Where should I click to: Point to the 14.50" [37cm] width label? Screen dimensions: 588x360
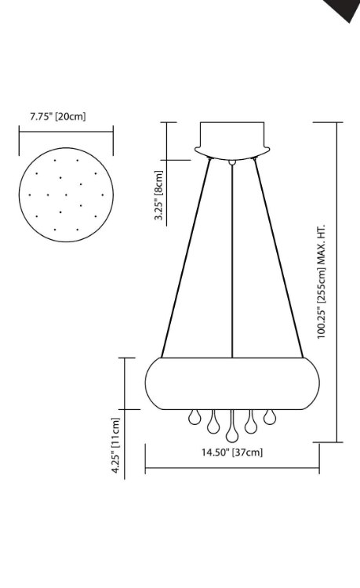231,452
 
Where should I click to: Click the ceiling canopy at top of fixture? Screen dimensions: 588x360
232,139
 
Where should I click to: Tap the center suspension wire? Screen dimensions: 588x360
233,259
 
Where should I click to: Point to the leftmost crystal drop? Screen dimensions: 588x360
195,417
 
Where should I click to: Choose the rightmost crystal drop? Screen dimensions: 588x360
270,417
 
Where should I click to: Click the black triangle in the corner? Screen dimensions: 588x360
344,9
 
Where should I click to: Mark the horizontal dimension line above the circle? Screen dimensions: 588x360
66,132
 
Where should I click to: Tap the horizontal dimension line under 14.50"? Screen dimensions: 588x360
232,470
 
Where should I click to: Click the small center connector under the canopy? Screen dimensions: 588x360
232,162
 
